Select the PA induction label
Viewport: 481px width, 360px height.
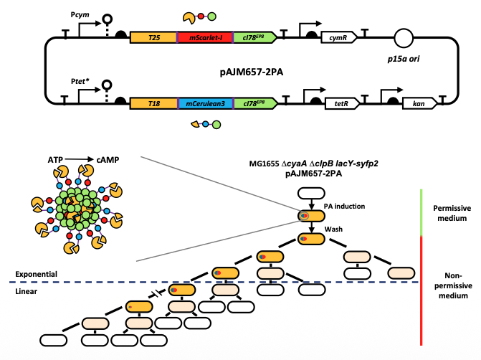coord(345,206)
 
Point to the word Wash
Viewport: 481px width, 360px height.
coord(333,227)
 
